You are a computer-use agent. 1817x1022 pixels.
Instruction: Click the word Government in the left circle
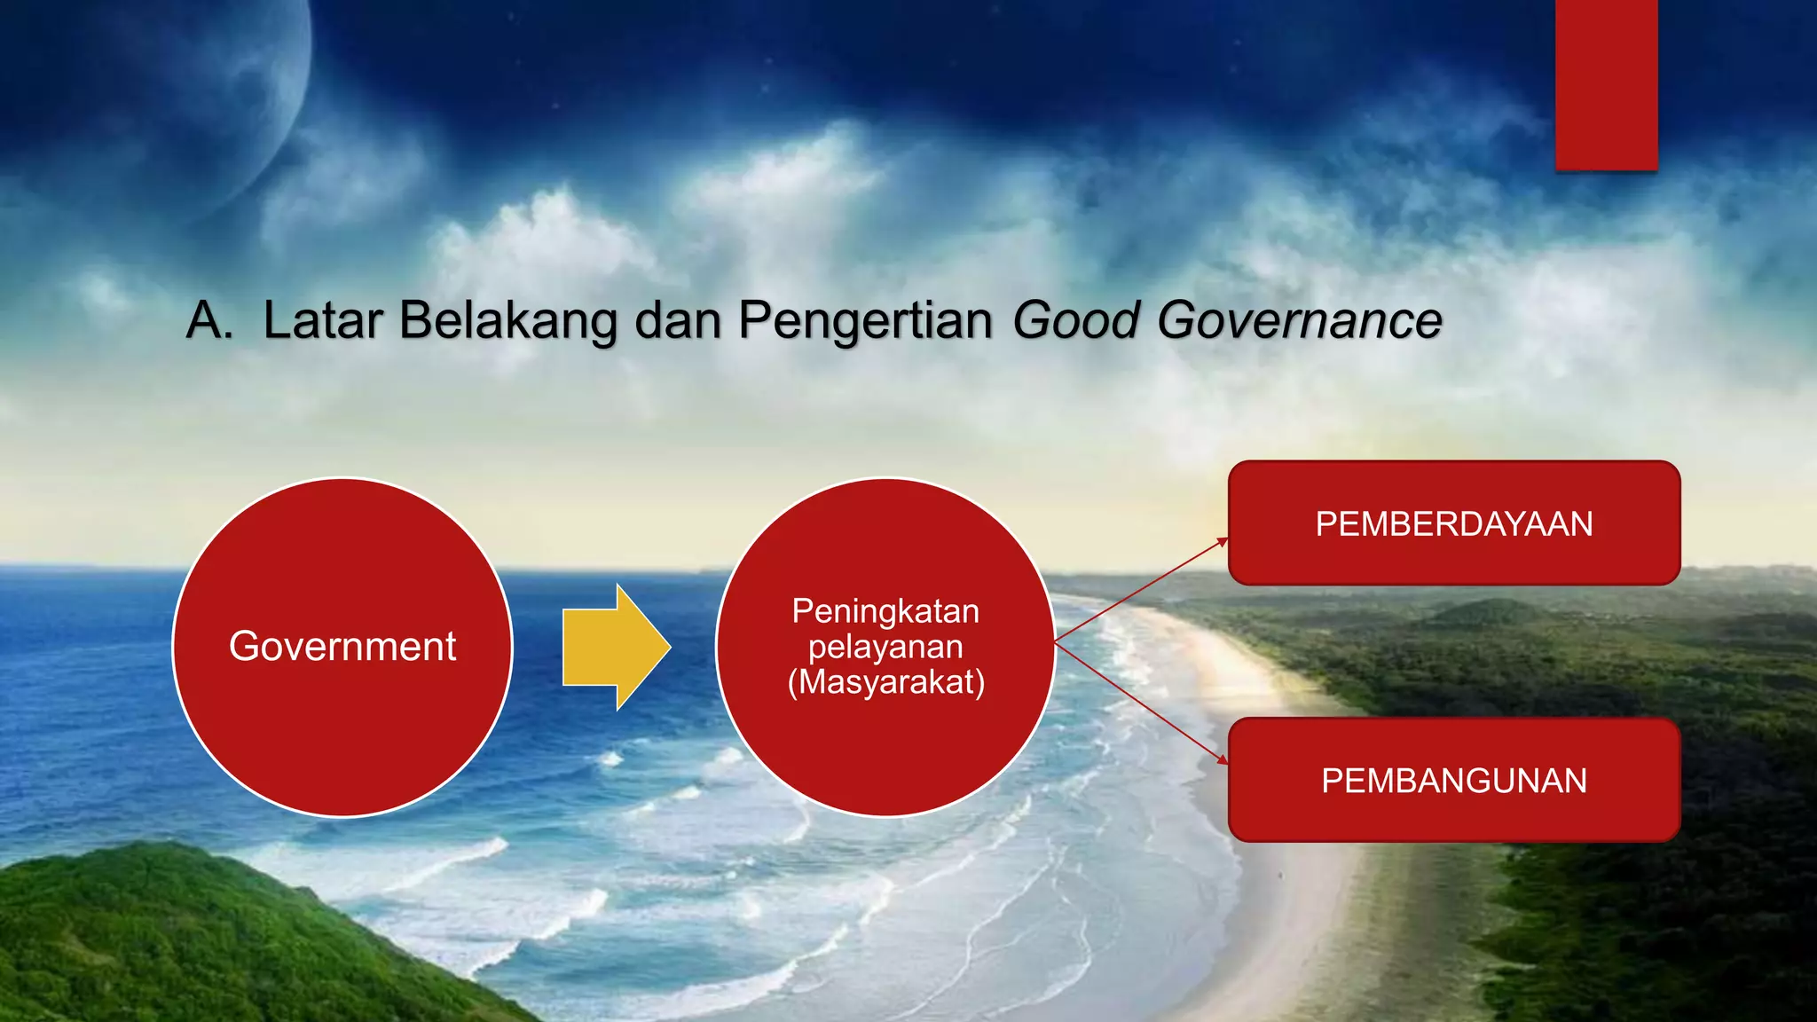(x=342, y=646)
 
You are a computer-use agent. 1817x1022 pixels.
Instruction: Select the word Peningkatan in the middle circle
(x=885, y=611)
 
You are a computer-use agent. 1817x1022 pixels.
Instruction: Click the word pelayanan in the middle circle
(x=885, y=647)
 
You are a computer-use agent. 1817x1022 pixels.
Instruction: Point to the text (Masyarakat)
(x=885, y=682)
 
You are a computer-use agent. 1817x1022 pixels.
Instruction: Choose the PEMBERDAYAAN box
(x=1453, y=523)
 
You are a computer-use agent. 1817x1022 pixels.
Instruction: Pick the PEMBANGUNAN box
(x=1453, y=781)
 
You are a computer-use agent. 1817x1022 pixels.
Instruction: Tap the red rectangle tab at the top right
(x=1606, y=84)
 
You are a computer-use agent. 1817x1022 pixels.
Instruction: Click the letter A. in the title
(x=208, y=320)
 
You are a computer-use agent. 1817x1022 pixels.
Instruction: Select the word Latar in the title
(x=322, y=320)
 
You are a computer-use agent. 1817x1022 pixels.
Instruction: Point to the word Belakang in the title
(x=507, y=320)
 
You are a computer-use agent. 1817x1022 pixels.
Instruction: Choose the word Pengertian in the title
(x=865, y=320)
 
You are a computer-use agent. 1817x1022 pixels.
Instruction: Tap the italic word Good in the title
(x=1075, y=320)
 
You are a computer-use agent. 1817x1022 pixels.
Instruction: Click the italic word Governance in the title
(x=1299, y=320)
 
